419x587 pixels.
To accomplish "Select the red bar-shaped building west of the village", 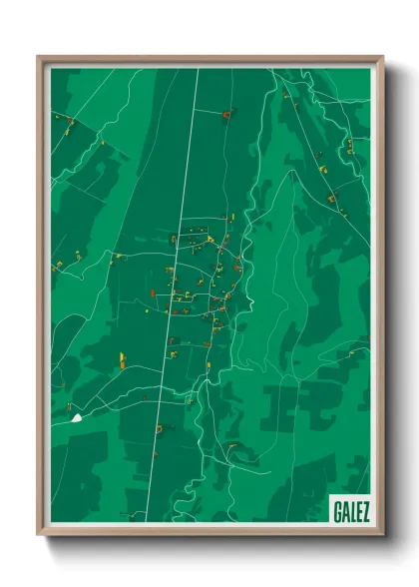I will point(152,293).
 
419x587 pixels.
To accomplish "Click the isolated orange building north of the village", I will point(226,116).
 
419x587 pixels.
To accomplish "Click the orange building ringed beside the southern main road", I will point(160,429).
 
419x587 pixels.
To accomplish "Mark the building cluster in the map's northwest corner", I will point(68,126).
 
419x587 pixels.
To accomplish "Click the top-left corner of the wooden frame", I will point(39,58).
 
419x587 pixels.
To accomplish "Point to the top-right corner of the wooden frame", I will point(381,58).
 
